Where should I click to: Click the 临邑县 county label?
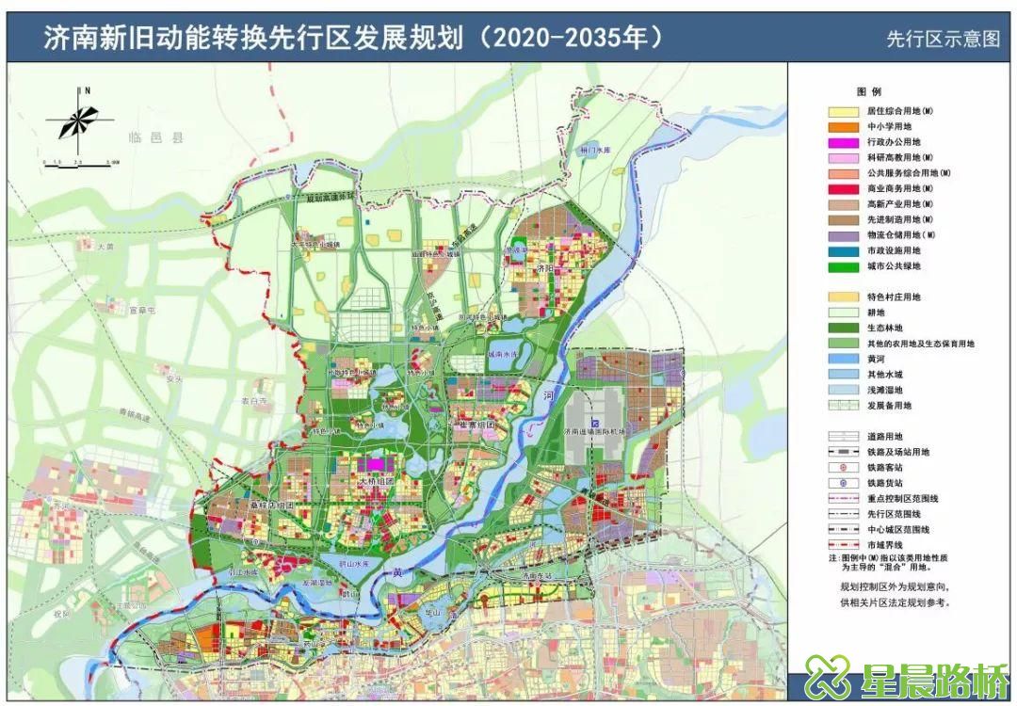(157, 137)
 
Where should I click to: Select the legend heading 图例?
(868, 92)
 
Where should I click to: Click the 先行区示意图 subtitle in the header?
(941, 40)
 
